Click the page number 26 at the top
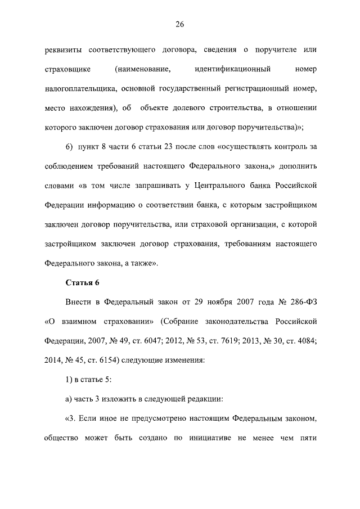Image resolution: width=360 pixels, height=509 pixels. click(180, 24)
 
